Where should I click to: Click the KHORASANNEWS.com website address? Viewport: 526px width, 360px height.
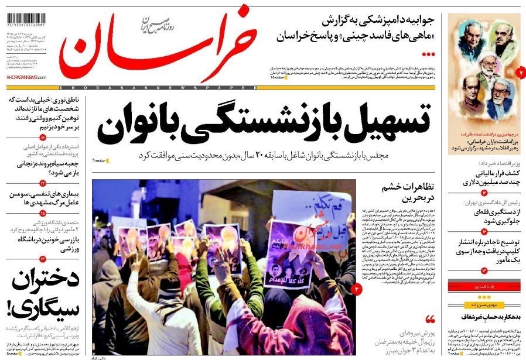click(x=26, y=77)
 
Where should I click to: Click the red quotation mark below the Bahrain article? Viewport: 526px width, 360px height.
click(x=431, y=319)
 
